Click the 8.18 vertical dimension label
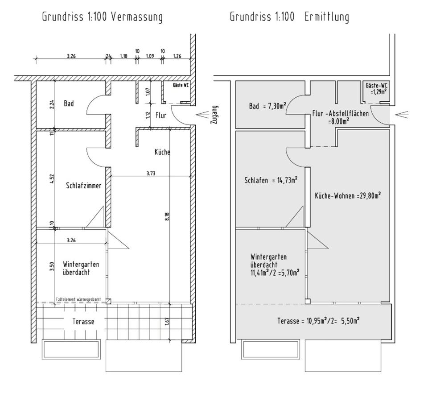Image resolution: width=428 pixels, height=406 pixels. (x=167, y=217)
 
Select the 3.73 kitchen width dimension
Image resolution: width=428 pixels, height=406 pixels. (x=151, y=173)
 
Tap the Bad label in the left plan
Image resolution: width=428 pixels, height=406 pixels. (x=69, y=104)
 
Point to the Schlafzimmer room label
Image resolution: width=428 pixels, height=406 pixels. (x=83, y=186)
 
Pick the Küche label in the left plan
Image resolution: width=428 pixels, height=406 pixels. (x=162, y=152)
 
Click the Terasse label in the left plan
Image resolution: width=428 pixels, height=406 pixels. (x=83, y=322)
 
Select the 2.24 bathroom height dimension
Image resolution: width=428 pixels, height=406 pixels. (x=52, y=104)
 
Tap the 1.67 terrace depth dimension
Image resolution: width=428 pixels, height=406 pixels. (x=167, y=321)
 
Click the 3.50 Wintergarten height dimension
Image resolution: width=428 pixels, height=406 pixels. (x=52, y=266)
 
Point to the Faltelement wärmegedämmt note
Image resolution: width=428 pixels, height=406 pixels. (x=78, y=299)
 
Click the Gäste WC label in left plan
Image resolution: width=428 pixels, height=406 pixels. (x=181, y=85)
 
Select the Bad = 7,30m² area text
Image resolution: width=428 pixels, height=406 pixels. (x=267, y=106)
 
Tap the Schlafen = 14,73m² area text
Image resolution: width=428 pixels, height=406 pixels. (x=271, y=180)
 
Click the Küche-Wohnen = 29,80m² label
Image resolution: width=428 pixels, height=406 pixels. (x=348, y=195)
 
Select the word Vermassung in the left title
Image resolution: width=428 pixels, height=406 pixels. (x=137, y=17)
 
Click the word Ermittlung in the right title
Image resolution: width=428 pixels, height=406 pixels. (x=327, y=17)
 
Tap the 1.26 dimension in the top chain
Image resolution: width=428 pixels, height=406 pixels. (x=177, y=56)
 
